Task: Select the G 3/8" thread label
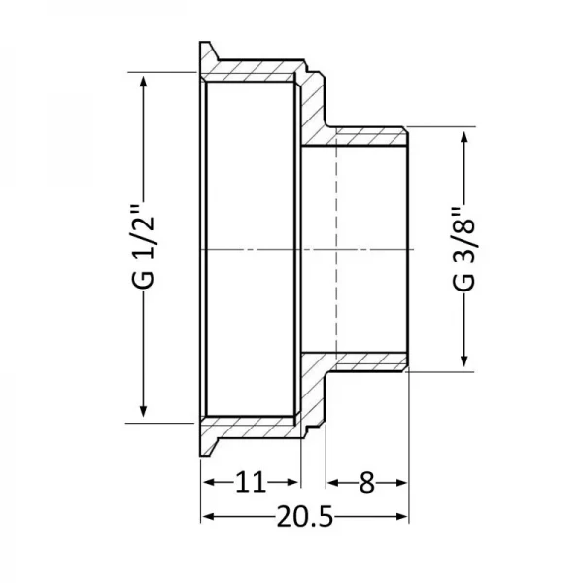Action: click(x=464, y=249)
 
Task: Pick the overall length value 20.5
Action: click(x=303, y=517)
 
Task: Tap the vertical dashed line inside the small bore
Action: click(x=335, y=249)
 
